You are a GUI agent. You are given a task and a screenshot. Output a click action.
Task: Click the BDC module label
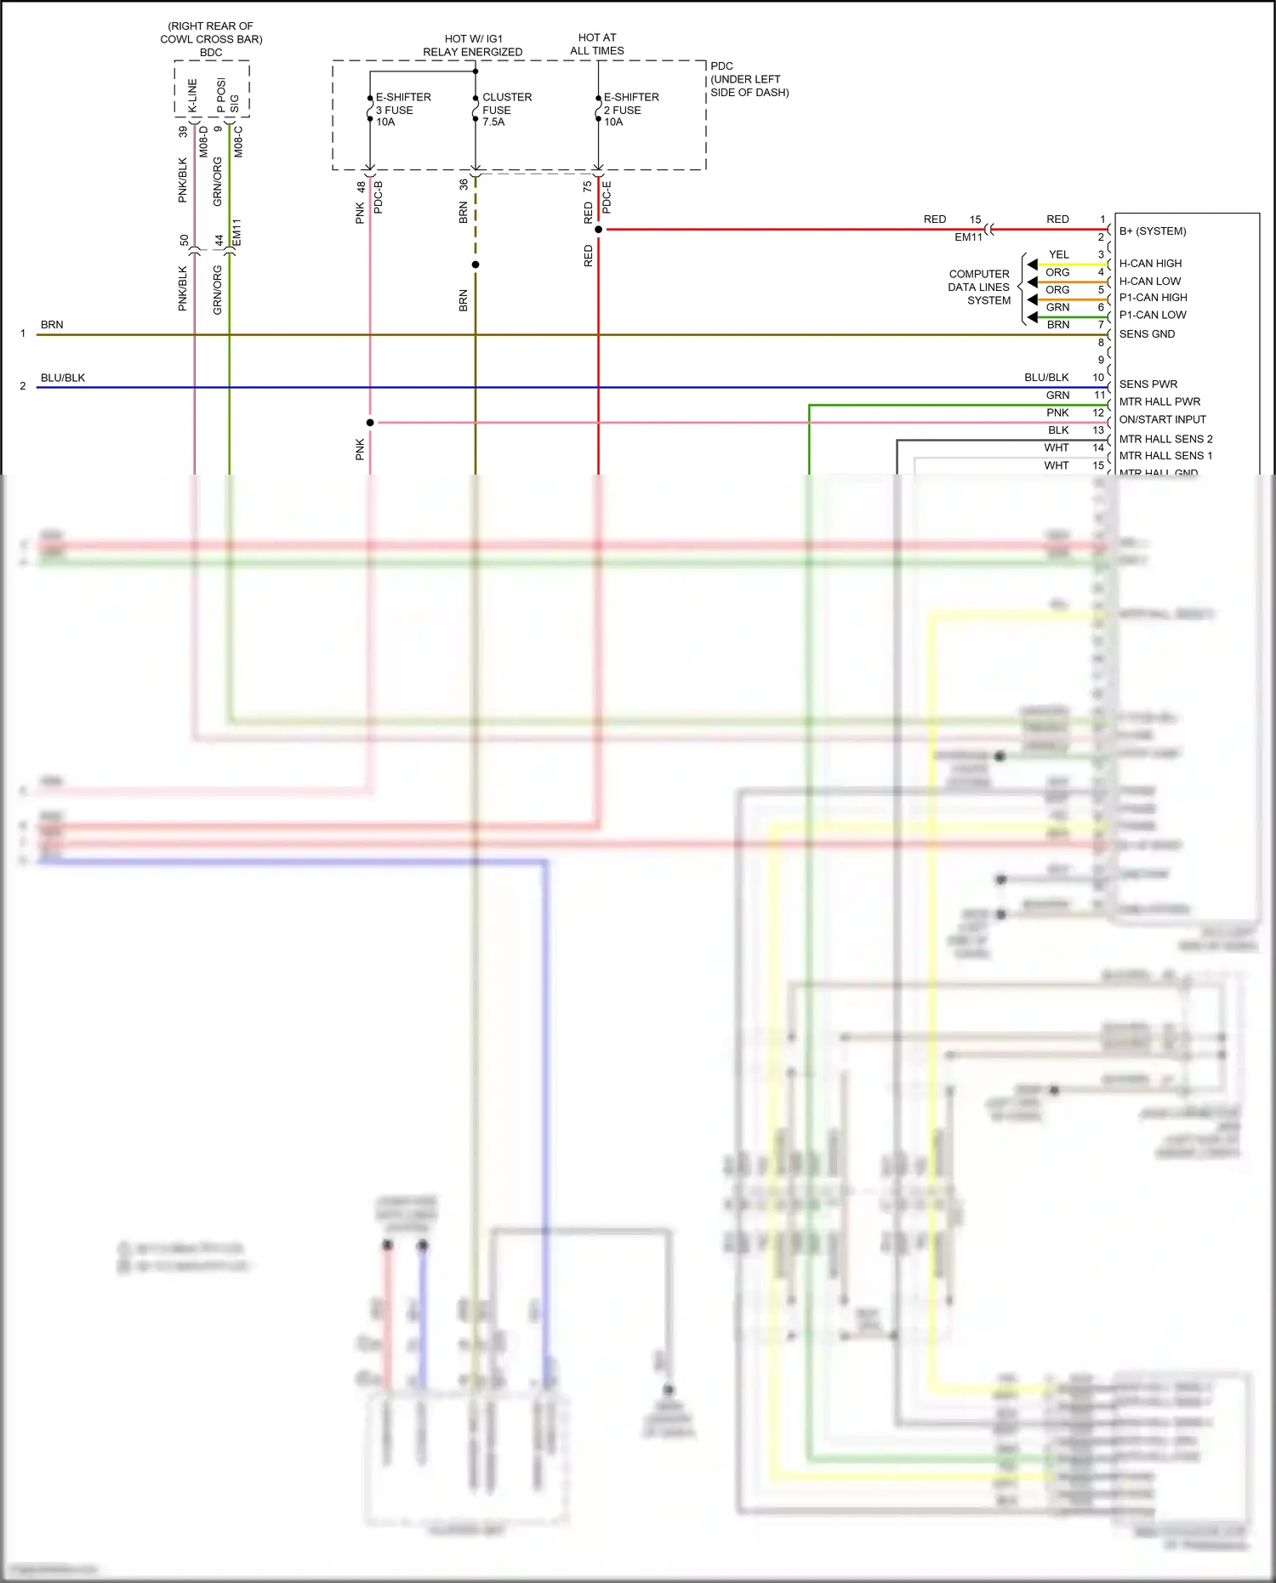click(211, 53)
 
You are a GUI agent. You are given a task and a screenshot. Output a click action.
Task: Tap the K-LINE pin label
click(192, 95)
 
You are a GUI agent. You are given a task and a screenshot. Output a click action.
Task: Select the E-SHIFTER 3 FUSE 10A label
click(402, 110)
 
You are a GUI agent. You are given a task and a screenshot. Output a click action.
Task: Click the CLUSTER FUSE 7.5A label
click(506, 110)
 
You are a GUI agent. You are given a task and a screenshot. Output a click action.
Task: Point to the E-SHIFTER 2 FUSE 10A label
click(630, 110)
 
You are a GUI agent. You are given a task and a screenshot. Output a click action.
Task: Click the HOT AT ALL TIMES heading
click(597, 44)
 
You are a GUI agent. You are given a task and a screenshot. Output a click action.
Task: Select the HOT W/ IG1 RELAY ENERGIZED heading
click(473, 45)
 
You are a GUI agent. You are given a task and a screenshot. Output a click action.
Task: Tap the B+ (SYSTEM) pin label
click(1153, 231)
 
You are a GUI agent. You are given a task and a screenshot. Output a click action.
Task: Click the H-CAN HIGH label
click(1150, 264)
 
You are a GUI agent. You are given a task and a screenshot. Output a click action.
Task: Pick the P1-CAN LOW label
click(1153, 315)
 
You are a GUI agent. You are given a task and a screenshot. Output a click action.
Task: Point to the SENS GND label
click(1147, 334)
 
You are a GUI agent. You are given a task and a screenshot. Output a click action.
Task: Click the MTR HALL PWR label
click(1159, 401)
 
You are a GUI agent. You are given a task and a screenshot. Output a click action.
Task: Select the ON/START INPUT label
click(1162, 419)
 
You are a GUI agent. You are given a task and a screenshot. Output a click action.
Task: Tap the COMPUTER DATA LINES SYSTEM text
click(979, 288)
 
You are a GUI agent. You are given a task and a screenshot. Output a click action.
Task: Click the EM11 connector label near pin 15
click(968, 237)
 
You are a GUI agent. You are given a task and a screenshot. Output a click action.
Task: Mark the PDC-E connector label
click(607, 196)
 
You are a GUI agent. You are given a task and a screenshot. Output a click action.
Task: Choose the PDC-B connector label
click(379, 196)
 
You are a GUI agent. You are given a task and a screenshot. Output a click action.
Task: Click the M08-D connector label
click(204, 141)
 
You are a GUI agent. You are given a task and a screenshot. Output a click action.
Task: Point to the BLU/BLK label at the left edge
click(63, 378)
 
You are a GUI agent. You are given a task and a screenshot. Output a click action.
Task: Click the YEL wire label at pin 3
click(1058, 254)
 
